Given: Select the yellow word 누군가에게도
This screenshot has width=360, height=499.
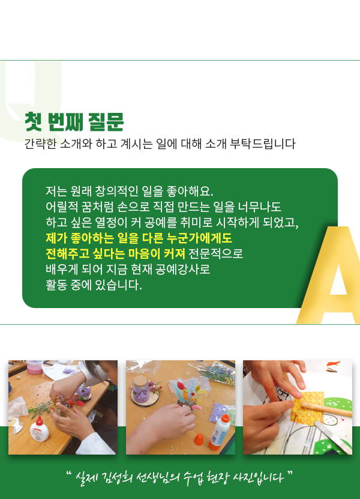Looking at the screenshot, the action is click(199, 238).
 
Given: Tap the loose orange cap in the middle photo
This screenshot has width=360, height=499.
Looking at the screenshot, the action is click(199, 440).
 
